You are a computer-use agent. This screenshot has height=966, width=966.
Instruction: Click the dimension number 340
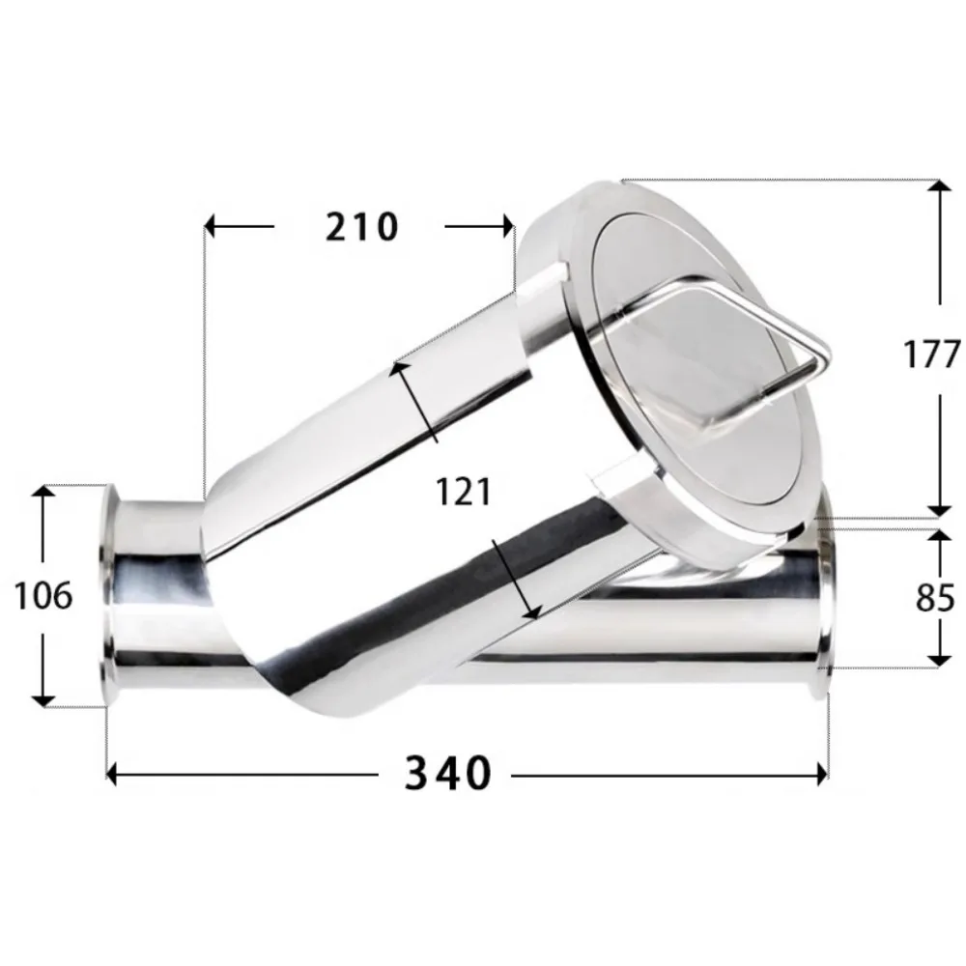(447, 774)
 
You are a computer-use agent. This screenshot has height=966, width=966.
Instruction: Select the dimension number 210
(361, 227)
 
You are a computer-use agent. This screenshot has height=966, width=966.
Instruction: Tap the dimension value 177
(931, 355)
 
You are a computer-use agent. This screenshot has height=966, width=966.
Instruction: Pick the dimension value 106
(43, 596)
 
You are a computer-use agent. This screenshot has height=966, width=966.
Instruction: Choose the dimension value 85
(933, 599)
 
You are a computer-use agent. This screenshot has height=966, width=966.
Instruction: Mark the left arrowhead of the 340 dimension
(112, 774)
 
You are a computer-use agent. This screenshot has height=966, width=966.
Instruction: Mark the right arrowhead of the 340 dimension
(822, 774)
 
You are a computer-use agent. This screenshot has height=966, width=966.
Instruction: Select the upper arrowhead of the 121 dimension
(397, 369)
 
